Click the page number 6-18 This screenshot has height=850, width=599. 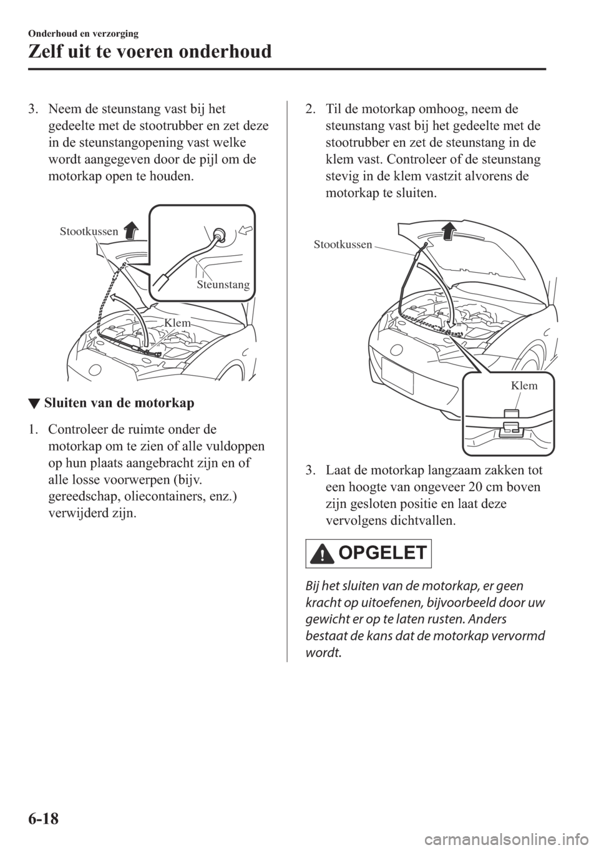[x=41, y=814]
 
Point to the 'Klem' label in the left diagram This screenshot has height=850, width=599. [x=177, y=322]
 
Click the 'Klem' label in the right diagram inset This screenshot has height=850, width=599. [x=524, y=386]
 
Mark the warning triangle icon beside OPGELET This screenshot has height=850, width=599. [x=322, y=554]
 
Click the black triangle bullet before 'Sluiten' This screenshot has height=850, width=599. [x=39, y=403]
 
